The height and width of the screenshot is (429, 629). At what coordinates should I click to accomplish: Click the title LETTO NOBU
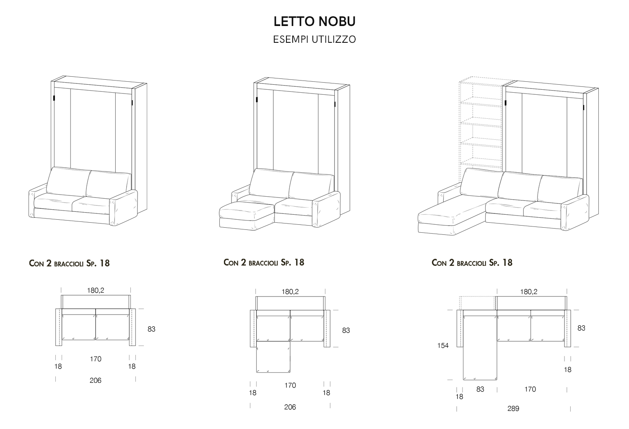pos(314,21)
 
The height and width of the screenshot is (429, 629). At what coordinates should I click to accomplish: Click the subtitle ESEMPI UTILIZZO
pos(314,39)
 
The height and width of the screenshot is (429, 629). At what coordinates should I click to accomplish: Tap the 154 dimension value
pos(443,346)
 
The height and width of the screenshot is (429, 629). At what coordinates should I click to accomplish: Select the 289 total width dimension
pos(513,408)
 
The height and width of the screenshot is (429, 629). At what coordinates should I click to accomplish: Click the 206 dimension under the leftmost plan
pos(96,380)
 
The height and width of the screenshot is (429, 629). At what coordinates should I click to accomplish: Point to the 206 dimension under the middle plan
pos(290,407)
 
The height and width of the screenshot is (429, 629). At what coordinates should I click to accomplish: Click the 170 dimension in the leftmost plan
pos(96,359)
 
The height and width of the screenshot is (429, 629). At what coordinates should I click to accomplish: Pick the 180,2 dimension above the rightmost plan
pos(528,292)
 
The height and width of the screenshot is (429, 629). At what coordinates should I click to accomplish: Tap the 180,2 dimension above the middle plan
pos(290,292)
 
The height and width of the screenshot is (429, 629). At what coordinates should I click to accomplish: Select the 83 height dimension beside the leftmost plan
pos(151,329)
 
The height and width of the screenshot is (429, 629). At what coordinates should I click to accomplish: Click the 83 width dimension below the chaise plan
pos(480,389)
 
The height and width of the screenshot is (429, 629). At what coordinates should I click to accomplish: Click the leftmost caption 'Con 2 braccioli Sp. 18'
pos(69,263)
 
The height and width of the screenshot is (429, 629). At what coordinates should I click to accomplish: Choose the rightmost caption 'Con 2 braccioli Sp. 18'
pos(472,263)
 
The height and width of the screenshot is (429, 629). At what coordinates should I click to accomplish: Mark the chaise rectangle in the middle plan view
pos(273,357)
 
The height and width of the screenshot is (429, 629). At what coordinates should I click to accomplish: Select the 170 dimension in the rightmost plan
pos(530,389)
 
